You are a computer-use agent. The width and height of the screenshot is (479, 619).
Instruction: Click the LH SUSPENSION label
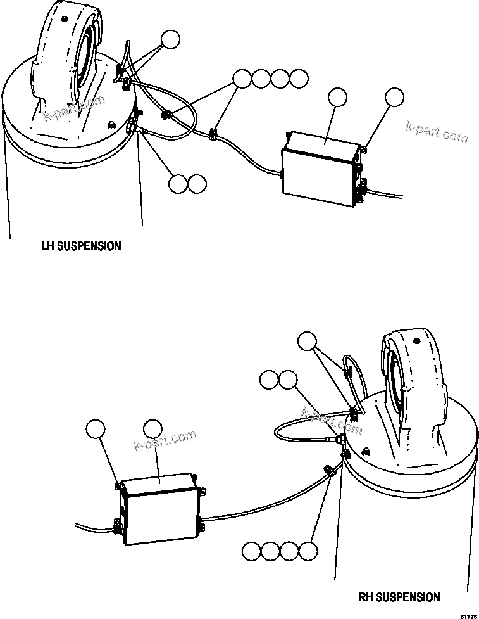pos(81,246)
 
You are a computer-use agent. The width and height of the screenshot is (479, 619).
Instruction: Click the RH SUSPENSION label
pos(399,597)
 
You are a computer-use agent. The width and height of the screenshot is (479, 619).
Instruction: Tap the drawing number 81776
pos(468,615)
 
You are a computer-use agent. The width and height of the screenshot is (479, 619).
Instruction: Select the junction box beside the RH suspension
pos(160,506)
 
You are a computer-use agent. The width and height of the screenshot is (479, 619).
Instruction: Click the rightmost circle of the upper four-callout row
pos(299,79)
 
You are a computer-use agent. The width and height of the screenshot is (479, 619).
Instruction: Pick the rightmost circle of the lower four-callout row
pos(308,551)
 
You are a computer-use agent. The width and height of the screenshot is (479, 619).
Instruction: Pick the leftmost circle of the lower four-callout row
pos(251,551)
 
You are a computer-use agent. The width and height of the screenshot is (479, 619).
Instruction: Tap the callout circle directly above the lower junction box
pos(152,429)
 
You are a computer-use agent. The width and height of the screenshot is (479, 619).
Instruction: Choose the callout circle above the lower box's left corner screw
pos(96,429)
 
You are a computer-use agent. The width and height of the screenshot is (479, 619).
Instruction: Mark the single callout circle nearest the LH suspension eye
pos(170,39)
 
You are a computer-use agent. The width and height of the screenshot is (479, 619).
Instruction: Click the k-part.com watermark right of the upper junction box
pos(437,133)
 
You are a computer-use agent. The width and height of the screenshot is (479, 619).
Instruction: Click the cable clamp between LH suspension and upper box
pos(214,134)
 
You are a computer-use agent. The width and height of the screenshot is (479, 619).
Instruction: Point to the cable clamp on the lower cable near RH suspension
pos(328,472)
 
